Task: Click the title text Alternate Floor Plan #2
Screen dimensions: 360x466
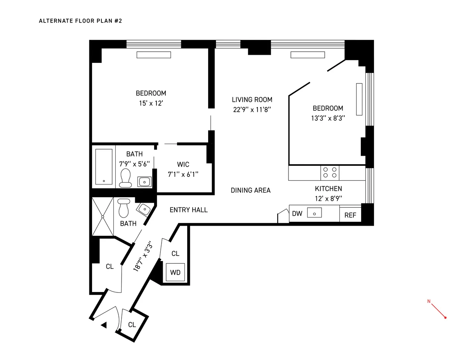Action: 80,21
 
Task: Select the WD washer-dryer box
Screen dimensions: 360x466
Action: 175,272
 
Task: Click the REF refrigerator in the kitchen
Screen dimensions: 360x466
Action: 350,215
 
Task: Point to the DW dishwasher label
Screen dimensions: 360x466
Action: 297,214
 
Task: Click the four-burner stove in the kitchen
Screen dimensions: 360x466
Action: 330,172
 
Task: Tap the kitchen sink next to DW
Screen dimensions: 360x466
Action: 314,213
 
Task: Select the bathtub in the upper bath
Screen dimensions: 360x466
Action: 104,167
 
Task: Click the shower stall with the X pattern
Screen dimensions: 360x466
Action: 103,216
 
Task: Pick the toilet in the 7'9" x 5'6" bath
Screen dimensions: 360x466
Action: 125,177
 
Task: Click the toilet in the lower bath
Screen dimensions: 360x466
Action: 123,209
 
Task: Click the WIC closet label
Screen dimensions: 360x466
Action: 183,165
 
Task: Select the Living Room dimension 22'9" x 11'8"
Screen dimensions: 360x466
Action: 252,110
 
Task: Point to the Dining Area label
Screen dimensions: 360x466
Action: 250,190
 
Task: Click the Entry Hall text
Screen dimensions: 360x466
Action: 189,210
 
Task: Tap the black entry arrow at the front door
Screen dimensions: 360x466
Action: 104,325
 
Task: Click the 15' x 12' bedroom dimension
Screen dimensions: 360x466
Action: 151,103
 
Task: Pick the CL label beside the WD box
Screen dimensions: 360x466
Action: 175,254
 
